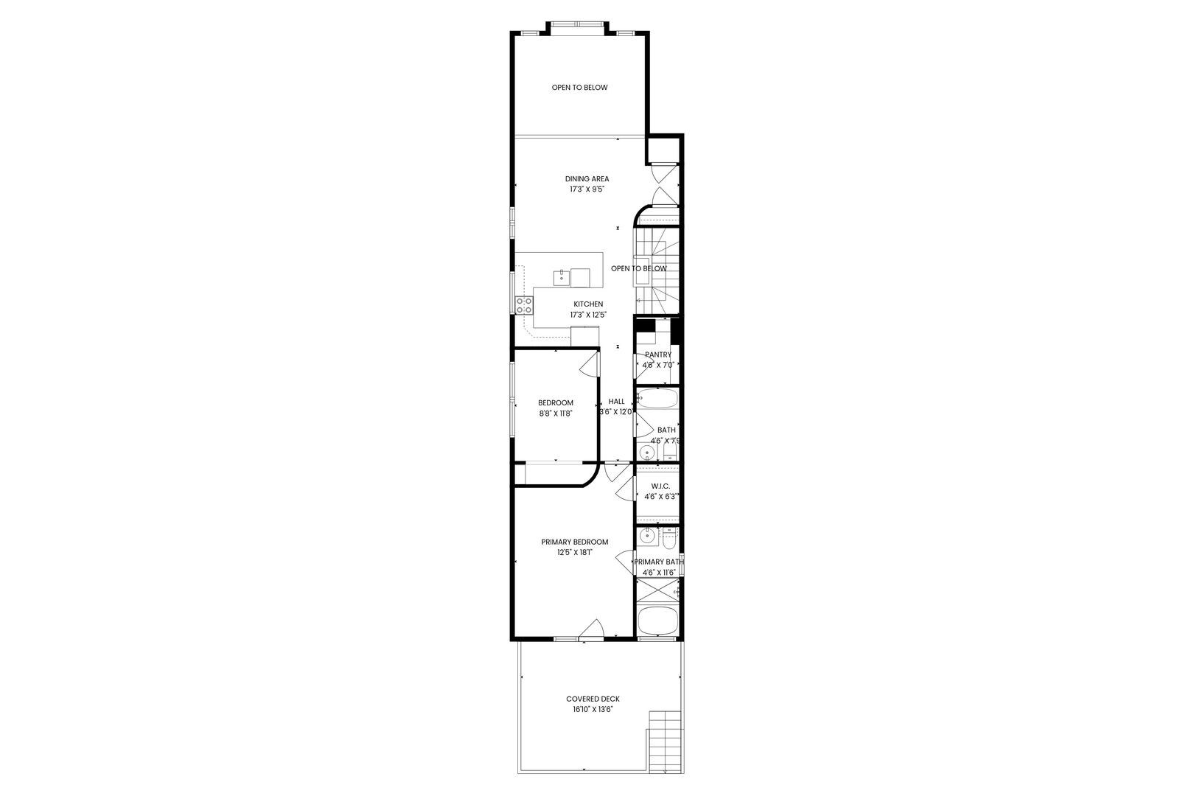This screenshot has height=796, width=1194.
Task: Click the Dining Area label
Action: [x=587, y=178]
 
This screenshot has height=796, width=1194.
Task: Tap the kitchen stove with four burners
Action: [x=524, y=305]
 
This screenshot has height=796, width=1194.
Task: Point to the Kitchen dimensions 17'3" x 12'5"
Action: [x=587, y=315]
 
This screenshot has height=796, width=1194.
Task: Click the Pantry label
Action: [x=657, y=355]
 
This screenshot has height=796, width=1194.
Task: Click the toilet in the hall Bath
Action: [x=670, y=449]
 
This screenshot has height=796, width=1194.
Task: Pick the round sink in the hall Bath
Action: [x=647, y=452]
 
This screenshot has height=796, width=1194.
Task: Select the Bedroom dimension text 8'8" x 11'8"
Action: [x=555, y=413]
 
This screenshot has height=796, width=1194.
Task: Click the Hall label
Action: [x=616, y=402]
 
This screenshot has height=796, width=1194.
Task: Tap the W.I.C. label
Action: [x=660, y=486]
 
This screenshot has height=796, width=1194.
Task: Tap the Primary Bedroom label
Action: [x=575, y=542]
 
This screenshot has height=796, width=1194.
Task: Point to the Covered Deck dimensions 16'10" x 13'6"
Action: [x=593, y=709]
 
